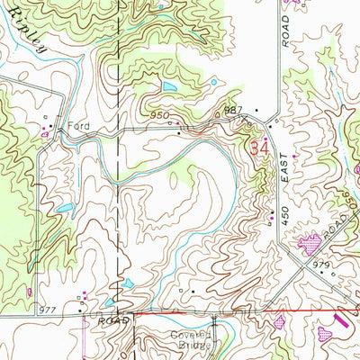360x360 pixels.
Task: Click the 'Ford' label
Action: tap(74, 126)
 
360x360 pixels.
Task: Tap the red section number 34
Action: tap(260, 148)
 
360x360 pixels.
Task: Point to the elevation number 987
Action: tap(234, 111)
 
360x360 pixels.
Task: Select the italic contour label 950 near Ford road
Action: tap(159, 116)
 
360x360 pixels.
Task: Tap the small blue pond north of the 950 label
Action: tap(169, 87)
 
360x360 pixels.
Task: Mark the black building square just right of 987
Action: tap(256, 112)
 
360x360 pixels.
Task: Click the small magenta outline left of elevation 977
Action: tap(31, 292)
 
